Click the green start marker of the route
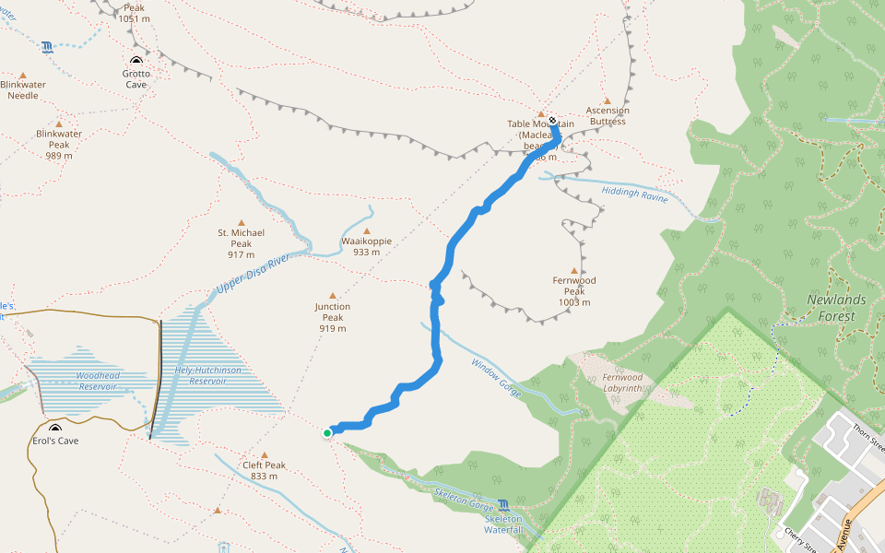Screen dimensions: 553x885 tap(327, 432)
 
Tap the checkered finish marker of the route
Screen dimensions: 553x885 tap(552, 121)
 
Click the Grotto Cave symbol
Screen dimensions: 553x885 tap(136, 63)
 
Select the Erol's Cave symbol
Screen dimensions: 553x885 tap(55, 429)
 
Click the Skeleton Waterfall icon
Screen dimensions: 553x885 tap(503, 504)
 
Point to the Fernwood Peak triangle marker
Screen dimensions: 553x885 tap(574, 270)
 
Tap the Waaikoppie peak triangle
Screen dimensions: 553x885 tap(367, 231)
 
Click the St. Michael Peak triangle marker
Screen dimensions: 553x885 tap(242, 222)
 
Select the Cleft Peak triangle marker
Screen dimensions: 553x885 tap(264, 455)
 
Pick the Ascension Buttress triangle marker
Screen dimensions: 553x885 tap(607, 101)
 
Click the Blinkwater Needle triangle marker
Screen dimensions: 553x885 tap(23, 75)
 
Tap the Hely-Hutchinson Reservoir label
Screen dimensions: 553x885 tap(207, 375)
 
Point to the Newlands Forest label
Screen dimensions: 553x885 tap(836, 308)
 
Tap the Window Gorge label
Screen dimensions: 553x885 tap(497, 377)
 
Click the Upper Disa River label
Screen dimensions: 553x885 tap(253, 276)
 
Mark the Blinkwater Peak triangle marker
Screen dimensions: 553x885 tap(59, 124)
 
